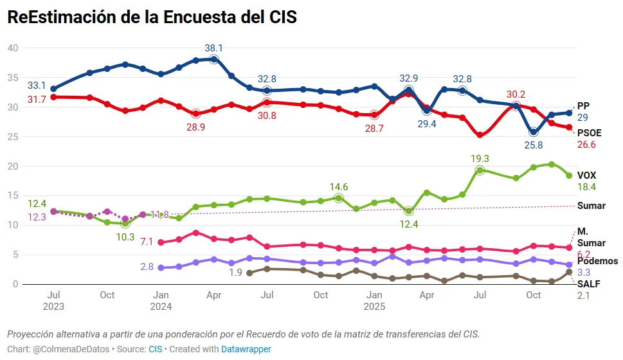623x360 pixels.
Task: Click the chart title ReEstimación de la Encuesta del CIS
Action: tap(152, 17)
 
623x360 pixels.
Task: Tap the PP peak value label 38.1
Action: tap(213, 48)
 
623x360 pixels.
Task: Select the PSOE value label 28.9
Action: tap(195, 128)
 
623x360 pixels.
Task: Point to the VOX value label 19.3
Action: tap(480, 158)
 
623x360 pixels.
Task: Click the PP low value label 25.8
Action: tap(533, 145)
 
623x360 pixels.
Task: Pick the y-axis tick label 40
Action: tap(13, 48)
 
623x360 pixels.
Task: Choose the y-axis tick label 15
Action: tap(13, 196)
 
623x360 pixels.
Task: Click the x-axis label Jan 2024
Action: tap(161, 300)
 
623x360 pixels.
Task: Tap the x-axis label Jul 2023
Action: tap(53, 300)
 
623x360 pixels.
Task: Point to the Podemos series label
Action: tap(597, 261)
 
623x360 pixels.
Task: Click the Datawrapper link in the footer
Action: tap(246, 349)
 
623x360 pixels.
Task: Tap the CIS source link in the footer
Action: tap(156, 349)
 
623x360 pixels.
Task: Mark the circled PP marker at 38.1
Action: tap(213, 59)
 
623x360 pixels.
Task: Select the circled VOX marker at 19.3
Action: tap(480, 170)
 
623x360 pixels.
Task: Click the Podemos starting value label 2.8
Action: tap(147, 266)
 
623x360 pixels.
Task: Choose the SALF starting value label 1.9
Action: tap(235, 273)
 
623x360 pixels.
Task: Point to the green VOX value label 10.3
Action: tap(125, 237)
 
